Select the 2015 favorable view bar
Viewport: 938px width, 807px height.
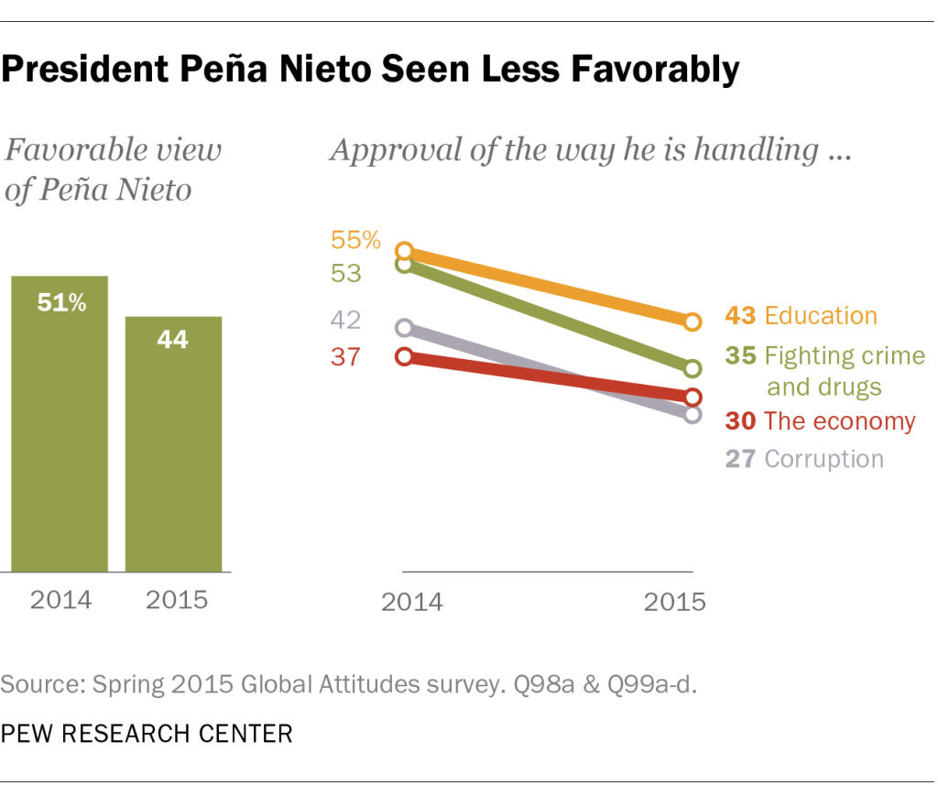[173, 444]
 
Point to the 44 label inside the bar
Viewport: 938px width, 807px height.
[172, 340]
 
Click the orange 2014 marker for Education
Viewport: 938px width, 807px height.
[405, 251]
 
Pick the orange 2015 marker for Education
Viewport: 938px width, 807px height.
[693, 322]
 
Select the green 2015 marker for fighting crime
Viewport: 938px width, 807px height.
[693, 368]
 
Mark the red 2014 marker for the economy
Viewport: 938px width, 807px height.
[405, 356]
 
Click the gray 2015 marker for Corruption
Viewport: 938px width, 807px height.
[693, 414]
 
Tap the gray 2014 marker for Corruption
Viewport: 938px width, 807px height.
[405, 327]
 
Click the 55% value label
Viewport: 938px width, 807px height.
[355, 240]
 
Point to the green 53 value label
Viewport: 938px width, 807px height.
[347, 274]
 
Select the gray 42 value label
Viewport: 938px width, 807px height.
[347, 321]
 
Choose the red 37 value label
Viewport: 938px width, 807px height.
[346, 357]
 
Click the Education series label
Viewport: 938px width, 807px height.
[820, 316]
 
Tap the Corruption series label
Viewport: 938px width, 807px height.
[823, 459]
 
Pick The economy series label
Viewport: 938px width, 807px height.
[839, 421]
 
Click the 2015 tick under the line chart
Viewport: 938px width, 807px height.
[675, 603]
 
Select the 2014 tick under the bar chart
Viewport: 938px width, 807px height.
[61, 601]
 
